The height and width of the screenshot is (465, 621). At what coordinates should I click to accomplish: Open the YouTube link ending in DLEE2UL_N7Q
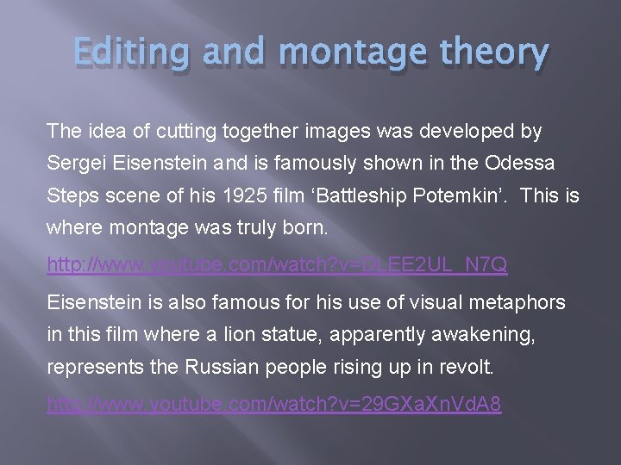(x=277, y=266)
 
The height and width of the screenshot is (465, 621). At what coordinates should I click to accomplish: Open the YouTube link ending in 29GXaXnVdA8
(x=273, y=404)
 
